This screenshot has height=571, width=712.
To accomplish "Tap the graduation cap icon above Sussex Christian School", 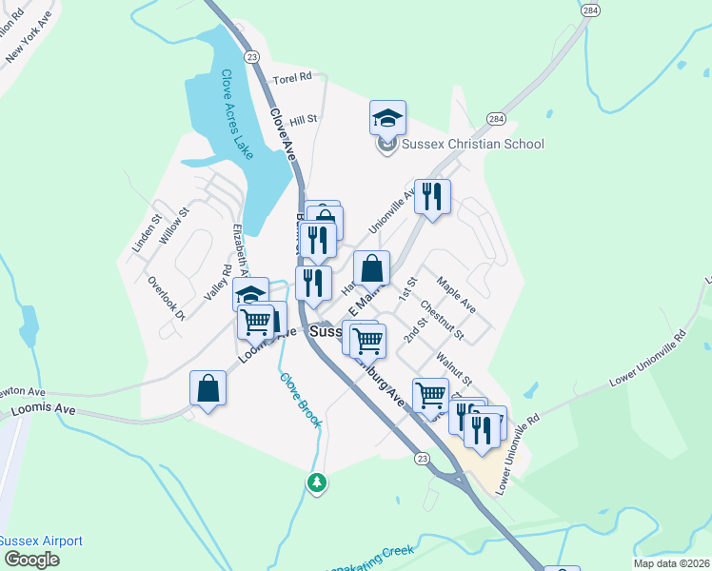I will click(x=388, y=119).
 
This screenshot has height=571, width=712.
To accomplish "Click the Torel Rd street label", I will click(x=292, y=78).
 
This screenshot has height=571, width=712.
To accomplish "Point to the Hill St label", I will click(x=303, y=120).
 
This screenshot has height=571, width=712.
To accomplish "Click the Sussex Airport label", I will click(x=41, y=541).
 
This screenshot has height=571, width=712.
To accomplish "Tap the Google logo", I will click(x=30, y=560).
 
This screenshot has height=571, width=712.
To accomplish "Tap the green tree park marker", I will click(x=317, y=483).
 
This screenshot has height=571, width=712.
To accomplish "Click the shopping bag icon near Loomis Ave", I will click(x=208, y=388).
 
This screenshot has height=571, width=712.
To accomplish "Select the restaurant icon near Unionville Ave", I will click(x=432, y=197).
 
